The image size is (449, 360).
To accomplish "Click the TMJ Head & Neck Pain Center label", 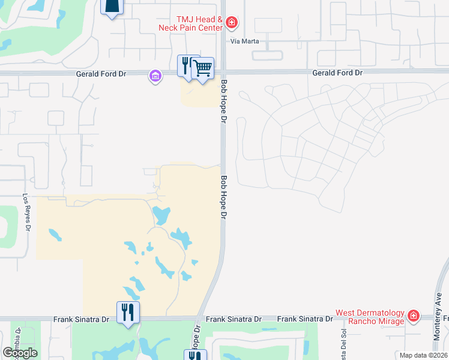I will click(x=191, y=23).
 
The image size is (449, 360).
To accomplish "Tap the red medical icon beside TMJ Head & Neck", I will click(x=232, y=24).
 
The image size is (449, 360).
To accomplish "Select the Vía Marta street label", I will click(x=243, y=42).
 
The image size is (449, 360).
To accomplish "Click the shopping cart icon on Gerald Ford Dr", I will click(x=203, y=69).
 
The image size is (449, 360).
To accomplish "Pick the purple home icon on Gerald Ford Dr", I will click(x=155, y=76).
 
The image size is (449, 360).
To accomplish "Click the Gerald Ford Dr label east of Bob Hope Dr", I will click(x=338, y=73).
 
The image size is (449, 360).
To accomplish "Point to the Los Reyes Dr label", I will click(x=26, y=212).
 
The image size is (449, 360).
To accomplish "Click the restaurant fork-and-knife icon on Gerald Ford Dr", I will click(x=187, y=65).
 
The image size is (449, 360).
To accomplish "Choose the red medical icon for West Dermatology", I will click(x=413, y=316).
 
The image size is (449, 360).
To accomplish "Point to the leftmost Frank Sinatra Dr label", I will click(x=81, y=320).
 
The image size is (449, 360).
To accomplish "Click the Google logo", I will click(x=20, y=353).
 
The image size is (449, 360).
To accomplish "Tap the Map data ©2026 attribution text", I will click(x=423, y=355).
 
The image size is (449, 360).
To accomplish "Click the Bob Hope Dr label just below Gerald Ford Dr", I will click(x=223, y=102).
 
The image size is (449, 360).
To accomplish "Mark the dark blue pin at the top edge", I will click(x=112, y=6).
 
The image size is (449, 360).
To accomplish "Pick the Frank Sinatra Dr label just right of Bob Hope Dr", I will click(x=234, y=320).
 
